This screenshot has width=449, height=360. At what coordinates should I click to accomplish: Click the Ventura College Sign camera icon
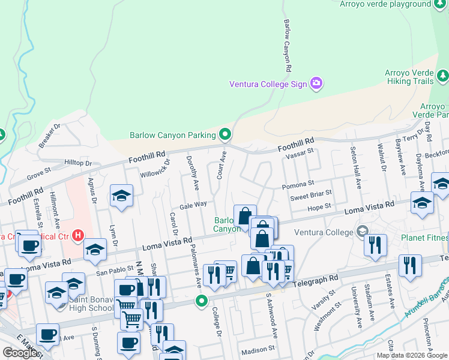(x=316, y=83)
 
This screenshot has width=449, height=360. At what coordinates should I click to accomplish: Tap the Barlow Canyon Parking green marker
(x=226, y=134)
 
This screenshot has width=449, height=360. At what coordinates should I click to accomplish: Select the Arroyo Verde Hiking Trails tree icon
(x=443, y=76)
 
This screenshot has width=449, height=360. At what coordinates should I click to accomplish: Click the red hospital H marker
(x=77, y=235)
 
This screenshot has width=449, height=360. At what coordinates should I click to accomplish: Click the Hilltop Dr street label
(x=79, y=163)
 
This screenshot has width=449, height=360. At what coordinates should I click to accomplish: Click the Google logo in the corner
(x=20, y=353)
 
